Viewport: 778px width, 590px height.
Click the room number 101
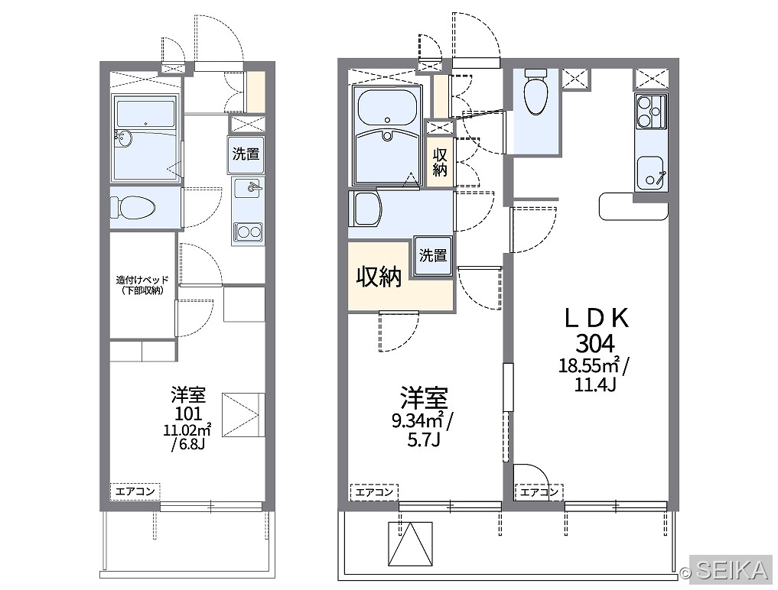(188, 413)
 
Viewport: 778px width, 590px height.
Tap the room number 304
(595, 343)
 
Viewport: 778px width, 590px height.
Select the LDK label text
(597, 318)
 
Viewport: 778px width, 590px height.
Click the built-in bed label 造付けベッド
(142, 280)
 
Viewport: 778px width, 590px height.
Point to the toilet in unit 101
(132, 208)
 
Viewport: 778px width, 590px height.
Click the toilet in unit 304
(535, 91)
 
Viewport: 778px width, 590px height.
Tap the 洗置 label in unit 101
(246, 154)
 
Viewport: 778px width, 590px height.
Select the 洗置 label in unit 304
(433, 255)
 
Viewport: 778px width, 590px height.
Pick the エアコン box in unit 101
(135, 491)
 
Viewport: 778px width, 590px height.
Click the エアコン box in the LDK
(539, 492)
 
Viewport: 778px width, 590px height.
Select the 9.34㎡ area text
(418, 421)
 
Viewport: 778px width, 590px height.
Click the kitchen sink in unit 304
(651, 173)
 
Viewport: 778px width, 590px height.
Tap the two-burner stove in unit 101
(249, 232)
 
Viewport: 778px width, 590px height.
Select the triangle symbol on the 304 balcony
(410, 544)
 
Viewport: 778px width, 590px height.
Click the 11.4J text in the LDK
(595, 384)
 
